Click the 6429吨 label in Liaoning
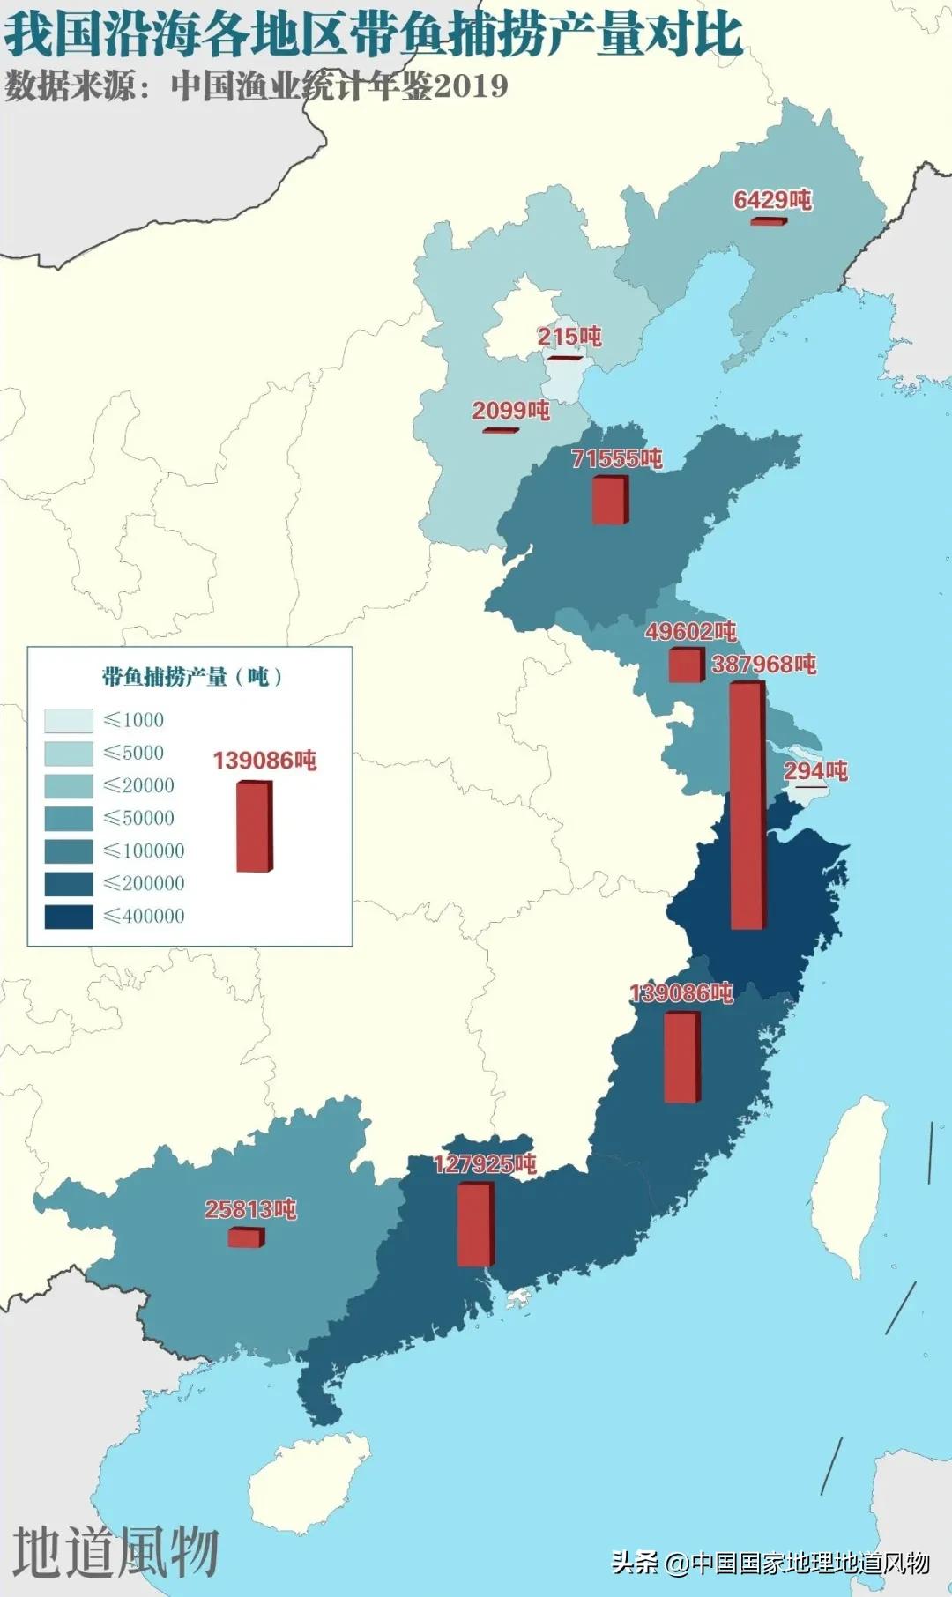(x=772, y=200)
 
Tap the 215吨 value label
(x=569, y=336)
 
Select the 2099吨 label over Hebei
(x=510, y=410)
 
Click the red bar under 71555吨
(x=610, y=500)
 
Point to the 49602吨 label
(x=690, y=631)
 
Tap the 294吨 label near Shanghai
(x=815, y=770)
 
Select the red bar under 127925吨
(x=475, y=1224)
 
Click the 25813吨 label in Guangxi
(x=250, y=1209)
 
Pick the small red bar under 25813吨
(x=245, y=1237)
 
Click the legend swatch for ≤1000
(x=69, y=721)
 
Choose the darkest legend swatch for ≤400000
(x=69, y=917)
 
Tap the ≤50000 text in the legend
(x=139, y=818)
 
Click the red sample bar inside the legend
(x=255, y=827)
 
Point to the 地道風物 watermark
(x=115, y=1553)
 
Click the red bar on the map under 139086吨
(x=681, y=1057)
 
